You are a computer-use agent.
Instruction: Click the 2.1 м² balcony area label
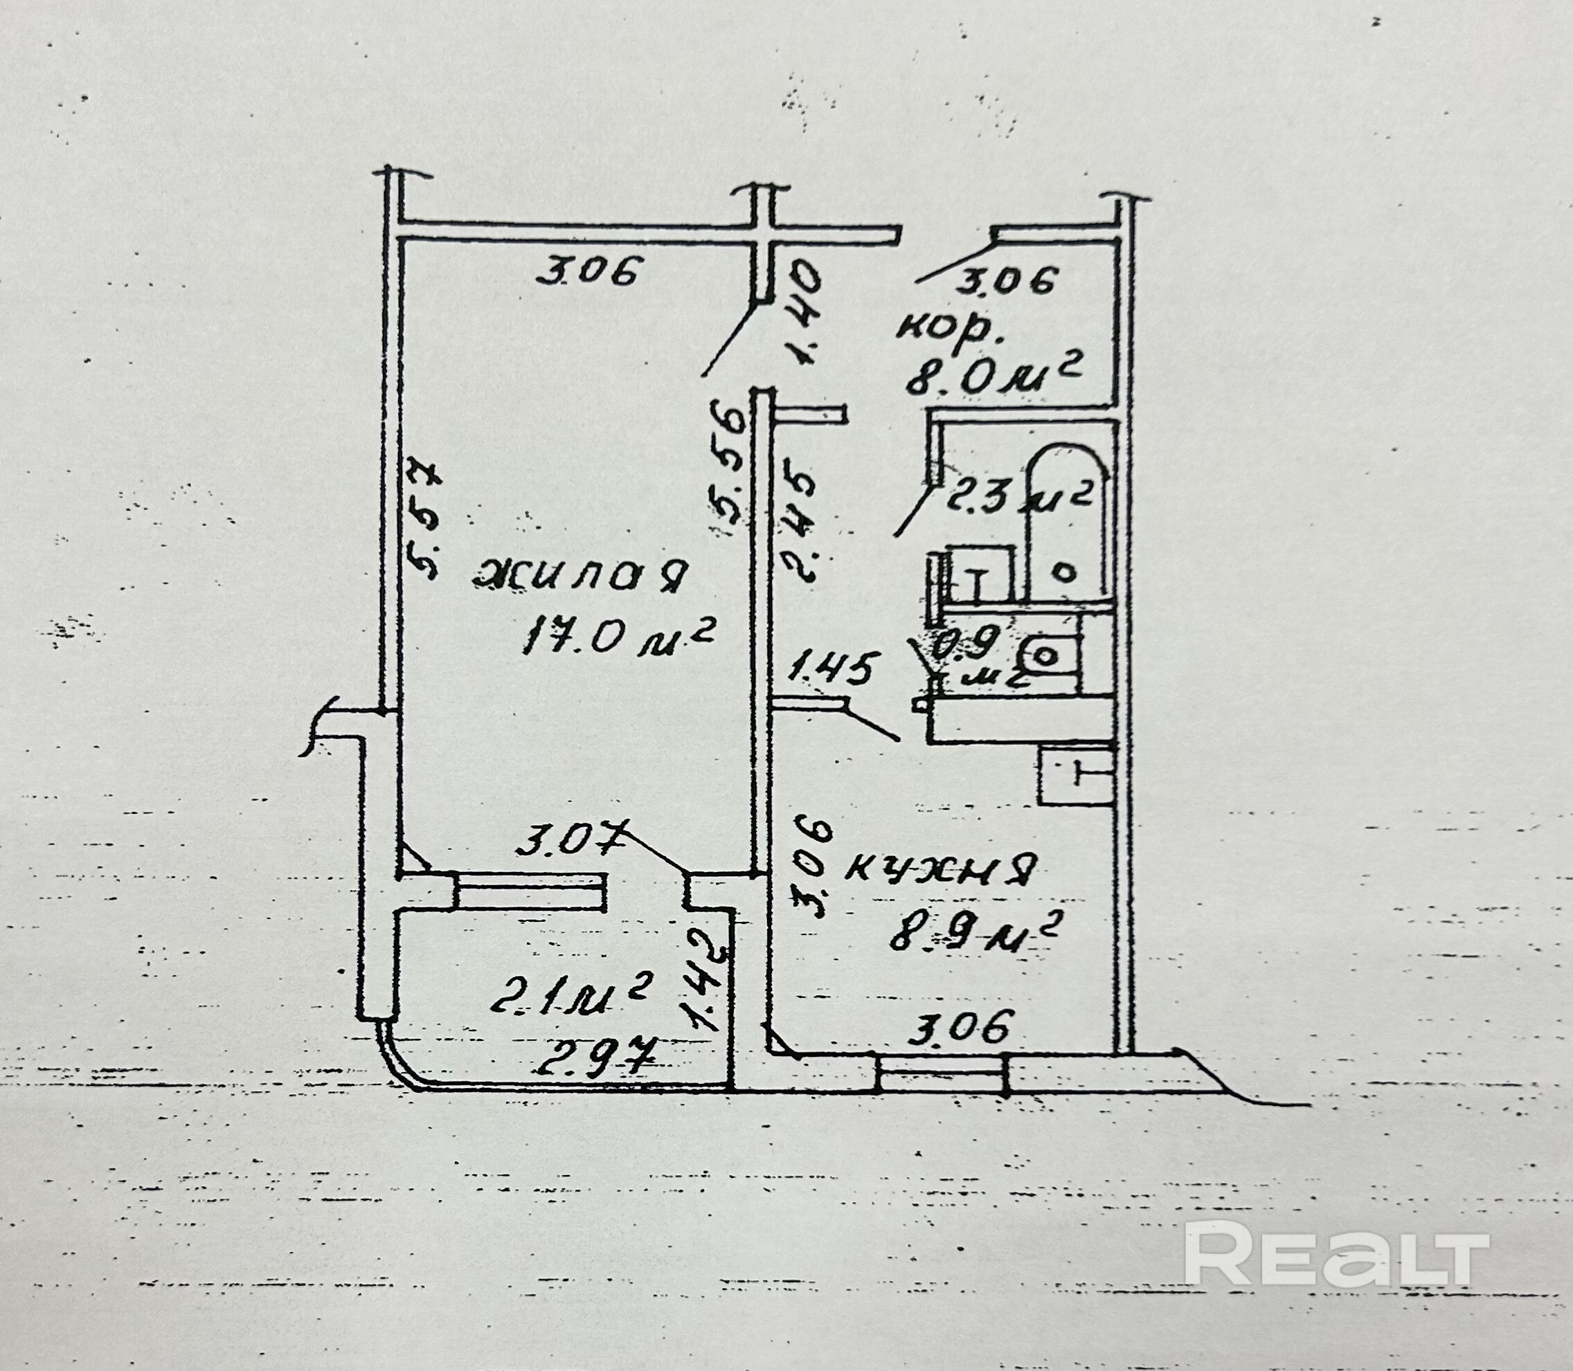(570, 999)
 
